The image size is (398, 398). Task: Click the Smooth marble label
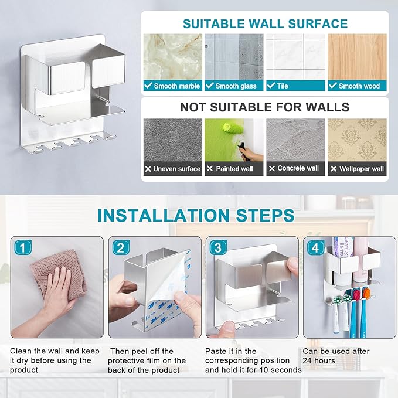coord(176,86)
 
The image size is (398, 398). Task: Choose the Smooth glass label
coord(236,86)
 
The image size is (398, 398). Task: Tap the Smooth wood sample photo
coord(357,57)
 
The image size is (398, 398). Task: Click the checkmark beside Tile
coord(271,86)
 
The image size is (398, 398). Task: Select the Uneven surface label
coord(176,169)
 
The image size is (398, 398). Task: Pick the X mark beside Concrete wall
coord(272,169)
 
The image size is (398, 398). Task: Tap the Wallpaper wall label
coord(362,169)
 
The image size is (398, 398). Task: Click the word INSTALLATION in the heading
coord(164,216)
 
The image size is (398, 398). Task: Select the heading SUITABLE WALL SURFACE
coord(265,24)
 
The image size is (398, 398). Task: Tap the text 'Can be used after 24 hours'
coord(336,356)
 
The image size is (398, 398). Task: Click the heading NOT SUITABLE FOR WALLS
coord(265,107)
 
